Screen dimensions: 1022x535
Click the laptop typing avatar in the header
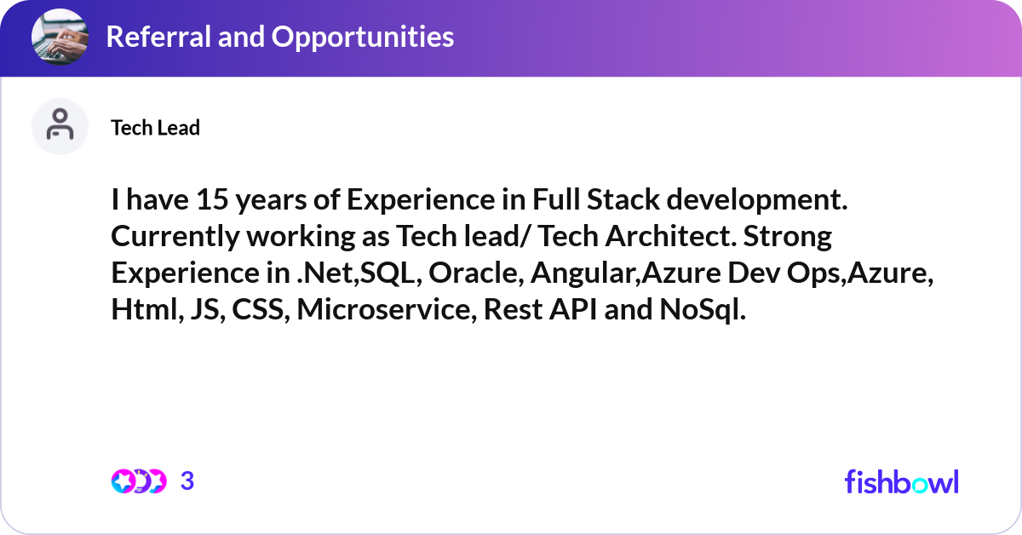tap(60, 37)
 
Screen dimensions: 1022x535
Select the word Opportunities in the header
tap(363, 37)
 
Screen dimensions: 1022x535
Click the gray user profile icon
tap(60, 126)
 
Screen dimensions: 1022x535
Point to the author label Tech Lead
tap(155, 128)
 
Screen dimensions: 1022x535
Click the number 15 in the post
tap(212, 199)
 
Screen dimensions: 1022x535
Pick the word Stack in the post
tap(623, 199)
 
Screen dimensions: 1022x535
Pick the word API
tap(573, 309)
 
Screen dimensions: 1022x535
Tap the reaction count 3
tap(187, 481)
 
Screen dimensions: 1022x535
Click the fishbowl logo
tap(902, 481)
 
